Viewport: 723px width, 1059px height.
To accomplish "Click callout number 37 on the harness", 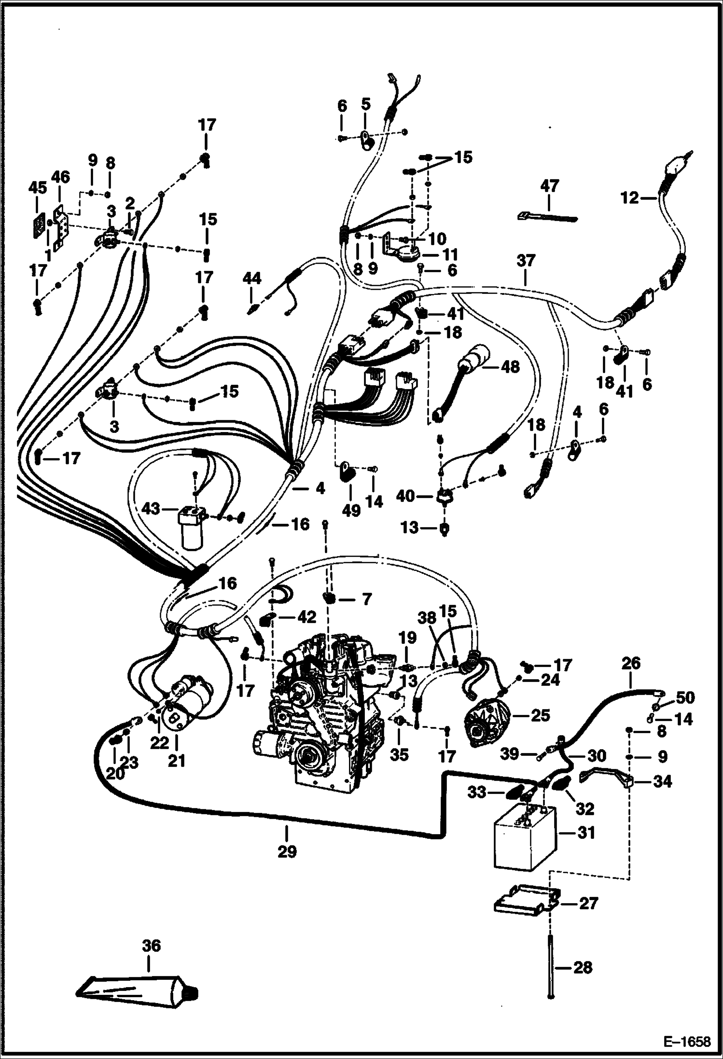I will pyautogui.click(x=526, y=261).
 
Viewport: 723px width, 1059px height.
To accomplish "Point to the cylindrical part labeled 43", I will pyautogui.click(x=192, y=528).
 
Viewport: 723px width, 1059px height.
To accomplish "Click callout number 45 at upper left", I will pyautogui.click(x=38, y=187).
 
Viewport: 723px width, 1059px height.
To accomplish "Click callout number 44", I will pyautogui.click(x=252, y=279).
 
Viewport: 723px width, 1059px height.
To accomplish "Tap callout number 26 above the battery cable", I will pyautogui.click(x=631, y=663).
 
